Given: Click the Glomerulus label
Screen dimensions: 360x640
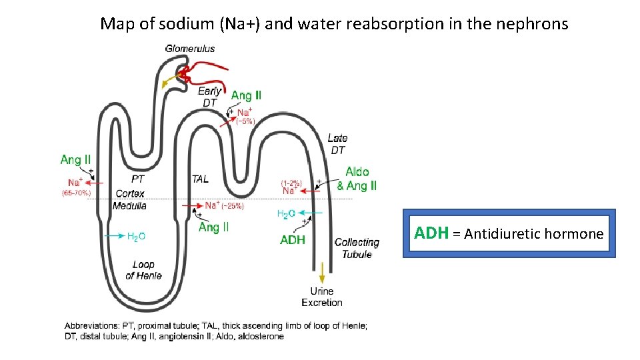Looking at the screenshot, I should (190, 48).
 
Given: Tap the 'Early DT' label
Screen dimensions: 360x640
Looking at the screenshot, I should (210, 97).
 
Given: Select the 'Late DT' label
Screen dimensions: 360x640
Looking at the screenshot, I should (338, 144).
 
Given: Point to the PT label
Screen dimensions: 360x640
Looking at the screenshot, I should (138, 179).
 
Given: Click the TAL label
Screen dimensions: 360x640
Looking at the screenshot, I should (200, 179).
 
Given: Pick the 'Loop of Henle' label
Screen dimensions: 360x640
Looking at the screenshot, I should (143, 270).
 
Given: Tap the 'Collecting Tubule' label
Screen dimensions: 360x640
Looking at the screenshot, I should (357, 248).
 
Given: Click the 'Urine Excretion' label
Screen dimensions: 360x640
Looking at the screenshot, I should (322, 297).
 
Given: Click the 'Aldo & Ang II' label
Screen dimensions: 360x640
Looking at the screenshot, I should (357, 179).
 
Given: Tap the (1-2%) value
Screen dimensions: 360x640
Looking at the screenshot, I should (291, 182).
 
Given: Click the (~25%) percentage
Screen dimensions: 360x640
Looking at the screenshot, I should (233, 206).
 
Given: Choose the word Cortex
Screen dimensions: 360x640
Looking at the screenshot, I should (131, 193).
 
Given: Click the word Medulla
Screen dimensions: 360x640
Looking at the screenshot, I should (130, 206).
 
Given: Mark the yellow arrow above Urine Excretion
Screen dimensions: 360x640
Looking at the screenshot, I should (323, 272).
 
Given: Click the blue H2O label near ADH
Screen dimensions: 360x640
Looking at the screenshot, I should (285, 213).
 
